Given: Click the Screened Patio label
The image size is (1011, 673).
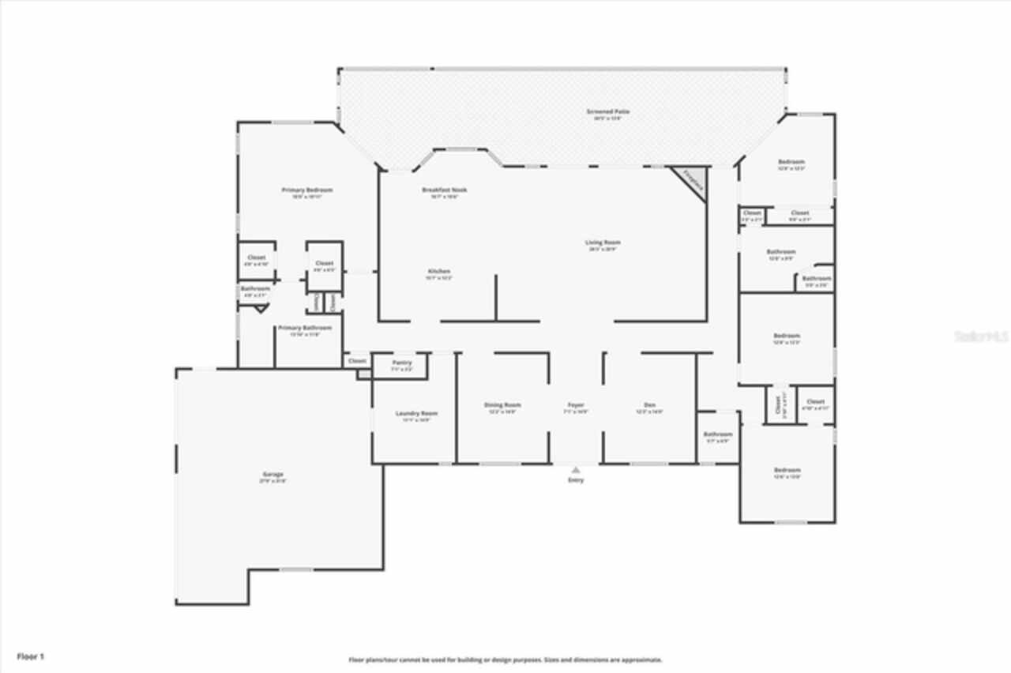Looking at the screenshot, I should click(607, 111).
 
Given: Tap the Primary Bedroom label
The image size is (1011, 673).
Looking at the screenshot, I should click(307, 190).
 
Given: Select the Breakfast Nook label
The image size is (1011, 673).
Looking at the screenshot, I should click(445, 190).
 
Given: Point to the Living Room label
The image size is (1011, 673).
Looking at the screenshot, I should click(603, 243).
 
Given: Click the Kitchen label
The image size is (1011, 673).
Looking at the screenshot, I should click(439, 271).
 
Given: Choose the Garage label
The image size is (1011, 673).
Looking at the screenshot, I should click(273, 474).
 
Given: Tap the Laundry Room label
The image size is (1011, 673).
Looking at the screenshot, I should click(416, 413).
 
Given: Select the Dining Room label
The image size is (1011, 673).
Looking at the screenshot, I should click(502, 405).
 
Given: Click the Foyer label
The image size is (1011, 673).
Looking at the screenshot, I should click(576, 405).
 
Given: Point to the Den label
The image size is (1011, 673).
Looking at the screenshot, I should click(650, 405).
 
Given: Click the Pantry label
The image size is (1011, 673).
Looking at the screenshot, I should click(402, 363).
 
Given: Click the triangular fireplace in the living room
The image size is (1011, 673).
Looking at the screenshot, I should click(693, 182).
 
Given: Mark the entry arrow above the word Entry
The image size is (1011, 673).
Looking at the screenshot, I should click(576, 469).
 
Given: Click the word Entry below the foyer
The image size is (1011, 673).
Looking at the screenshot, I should click(576, 479).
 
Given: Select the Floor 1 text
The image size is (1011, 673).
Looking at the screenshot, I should click(31, 656).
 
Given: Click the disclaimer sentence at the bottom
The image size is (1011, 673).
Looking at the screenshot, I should click(505, 659).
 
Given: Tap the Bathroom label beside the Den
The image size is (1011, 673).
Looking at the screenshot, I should click(718, 434).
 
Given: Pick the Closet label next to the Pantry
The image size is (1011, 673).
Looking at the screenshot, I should click(358, 360).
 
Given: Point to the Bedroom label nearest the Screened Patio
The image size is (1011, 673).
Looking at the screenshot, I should click(791, 162).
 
